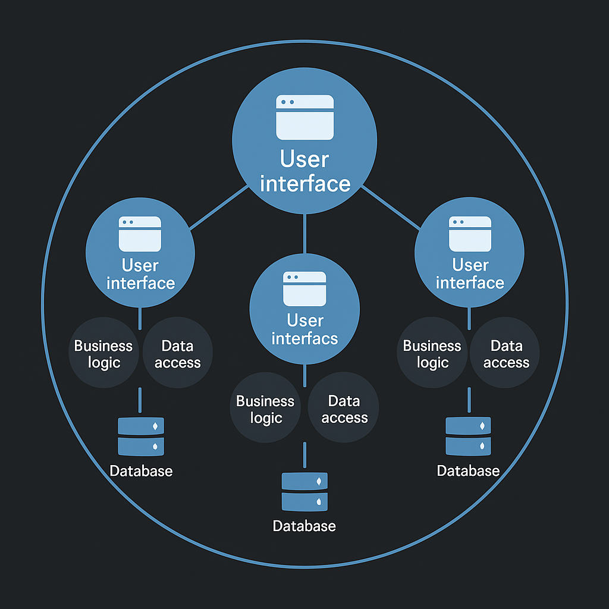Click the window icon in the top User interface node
click(x=304, y=117)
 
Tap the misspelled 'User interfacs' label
click(x=304, y=329)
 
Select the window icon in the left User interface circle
click(x=140, y=234)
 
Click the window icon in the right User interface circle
click(x=470, y=234)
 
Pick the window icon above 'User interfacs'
click(x=304, y=289)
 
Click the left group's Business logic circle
click(x=103, y=354)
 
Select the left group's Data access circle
click(x=177, y=354)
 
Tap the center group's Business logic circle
click(x=265, y=409)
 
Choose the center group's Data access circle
click(x=344, y=409)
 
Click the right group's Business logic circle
click(x=432, y=354)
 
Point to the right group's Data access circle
click(x=506, y=354)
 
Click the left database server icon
click(x=141, y=436)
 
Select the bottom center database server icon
click(x=304, y=491)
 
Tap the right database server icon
click(x=469, y=436)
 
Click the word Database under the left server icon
click(x=141, y=471)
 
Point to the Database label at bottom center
click(x=304, y=526)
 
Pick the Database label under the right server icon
click(x=468, y=471)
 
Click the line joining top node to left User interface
click(x=218, y=208)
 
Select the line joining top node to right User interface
click(x=390, y=208)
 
